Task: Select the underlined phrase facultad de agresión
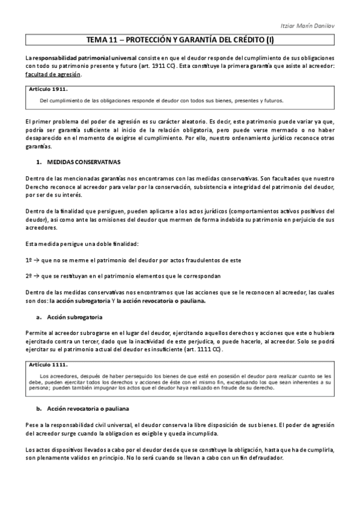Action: click(x=52, y=75)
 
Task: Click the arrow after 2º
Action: click(x=36, y=276)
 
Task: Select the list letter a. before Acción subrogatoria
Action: click(x=38, y=316)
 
